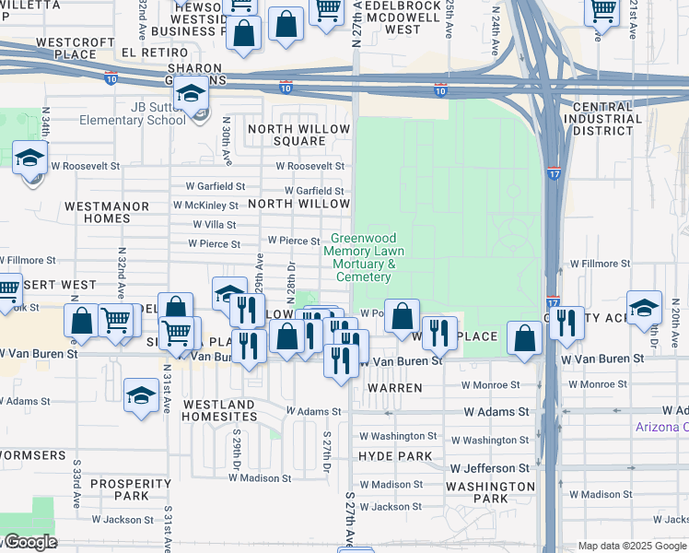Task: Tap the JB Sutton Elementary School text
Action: pyautogui.click(x=134, y=112)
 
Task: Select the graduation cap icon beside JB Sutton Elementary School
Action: pyautogui.click(x=193, y=95)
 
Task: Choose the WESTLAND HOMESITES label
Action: pyautogui.click(x=218, y=410)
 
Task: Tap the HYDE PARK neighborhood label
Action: pyautogui.click(x=395, y=456)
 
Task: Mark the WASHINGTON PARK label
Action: pyautogui.click(x=490, y=492)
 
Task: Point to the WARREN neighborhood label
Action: pyautogui.click(x=395, y=388)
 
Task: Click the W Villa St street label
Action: pyautogui.click(x=214, y=224)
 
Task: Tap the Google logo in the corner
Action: pyautogui.click(x=29, y=542)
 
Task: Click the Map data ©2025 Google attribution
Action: pyautogui.click(x=631, y=546)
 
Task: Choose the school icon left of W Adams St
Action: pyautogui.click(x=140, y=396)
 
